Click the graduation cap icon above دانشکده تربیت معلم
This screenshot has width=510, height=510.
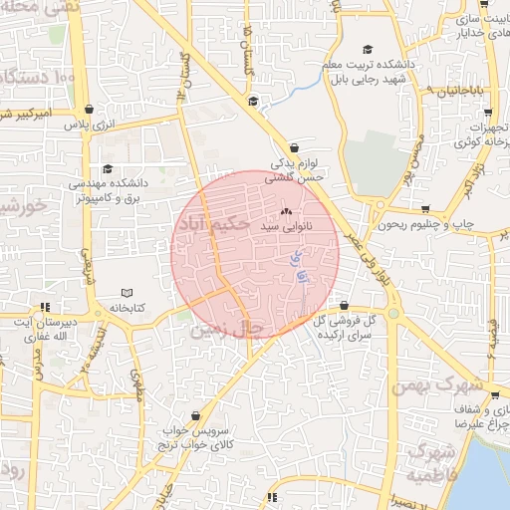[367, 49]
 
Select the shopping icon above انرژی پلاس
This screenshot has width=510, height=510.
[91, 109]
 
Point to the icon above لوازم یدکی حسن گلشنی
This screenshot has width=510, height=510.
[288, 145]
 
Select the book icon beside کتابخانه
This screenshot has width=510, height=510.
[127, 293]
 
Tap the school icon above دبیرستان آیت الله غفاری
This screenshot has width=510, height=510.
[45, 307]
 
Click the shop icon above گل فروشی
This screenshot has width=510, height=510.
[344, 306]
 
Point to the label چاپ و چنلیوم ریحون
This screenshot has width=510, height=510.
[419, 225]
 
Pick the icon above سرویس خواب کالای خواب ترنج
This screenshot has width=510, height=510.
[195, 415]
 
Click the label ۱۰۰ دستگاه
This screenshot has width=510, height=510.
[40, 77]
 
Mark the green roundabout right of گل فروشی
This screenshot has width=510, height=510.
[393, 313]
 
